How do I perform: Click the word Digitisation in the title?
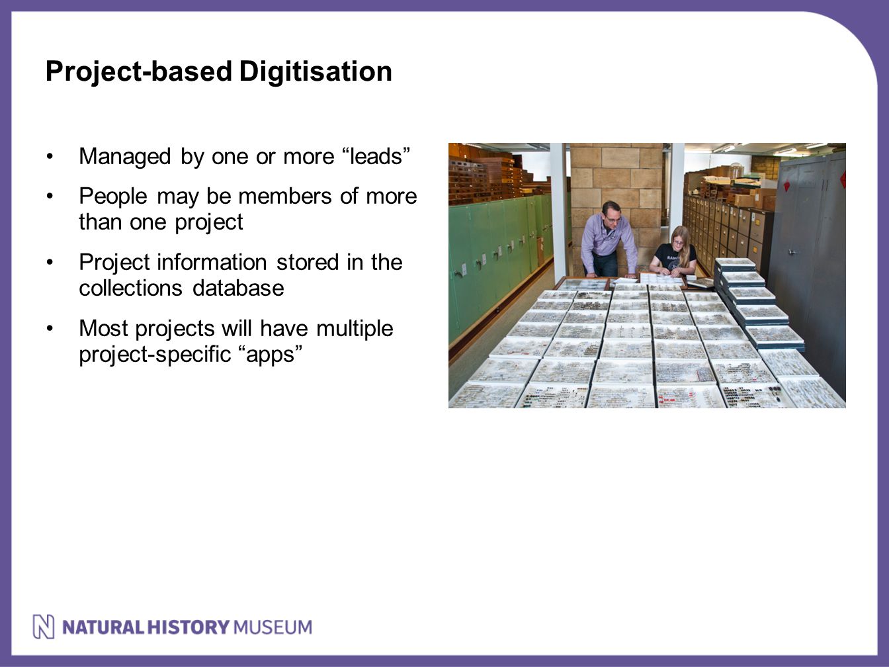point(316,71)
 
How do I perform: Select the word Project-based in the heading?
point(138,72)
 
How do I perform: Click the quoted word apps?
point(271,355)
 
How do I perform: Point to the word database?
point(238,289)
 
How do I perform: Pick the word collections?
point(130,289)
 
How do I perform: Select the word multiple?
point(355,329)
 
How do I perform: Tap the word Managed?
point(125,157)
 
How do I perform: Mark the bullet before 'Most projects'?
point(50,328)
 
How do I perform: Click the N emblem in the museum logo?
point(44,627)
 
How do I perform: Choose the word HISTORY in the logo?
point(189,627)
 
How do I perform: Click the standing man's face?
point(612,216)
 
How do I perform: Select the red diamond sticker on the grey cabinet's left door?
point(787,186)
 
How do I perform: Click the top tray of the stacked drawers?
point(735,263)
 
